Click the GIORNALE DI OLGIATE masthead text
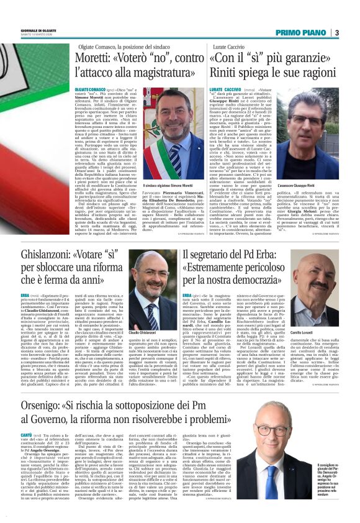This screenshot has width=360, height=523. coord(38,30)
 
